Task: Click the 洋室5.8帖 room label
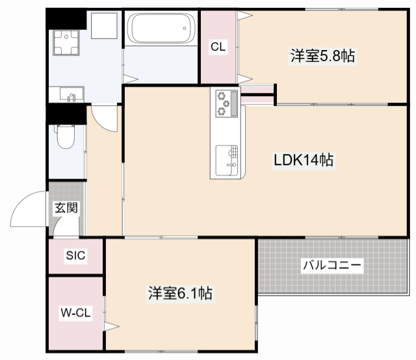tap(322, 57)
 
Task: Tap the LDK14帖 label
tap(303, 160)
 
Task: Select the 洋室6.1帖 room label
tap(180, 294)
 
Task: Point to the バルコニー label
tap(331, 265)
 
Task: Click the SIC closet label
tap(75, 256)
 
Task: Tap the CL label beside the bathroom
tap(218, 47)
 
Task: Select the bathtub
tap(160, 30)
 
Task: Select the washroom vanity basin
tap(70, 95)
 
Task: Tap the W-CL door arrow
tap(112, 325)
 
